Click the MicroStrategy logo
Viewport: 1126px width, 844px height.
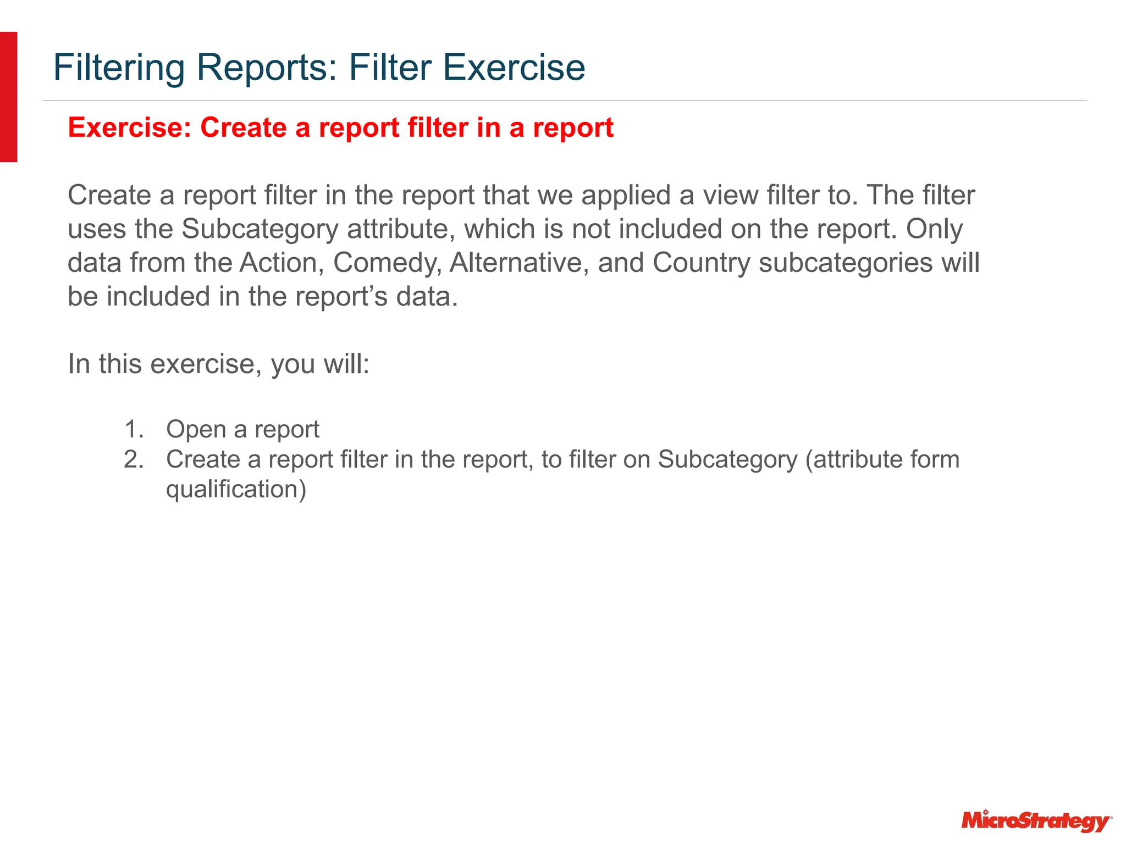1036,821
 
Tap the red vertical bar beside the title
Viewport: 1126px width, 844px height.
9,97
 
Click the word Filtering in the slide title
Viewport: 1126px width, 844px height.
119,68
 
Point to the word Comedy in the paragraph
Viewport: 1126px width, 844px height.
387,263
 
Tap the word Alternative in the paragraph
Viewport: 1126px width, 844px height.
519,263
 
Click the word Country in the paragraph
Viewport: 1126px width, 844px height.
701,263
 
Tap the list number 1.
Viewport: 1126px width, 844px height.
134,429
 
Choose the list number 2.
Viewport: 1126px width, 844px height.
134,459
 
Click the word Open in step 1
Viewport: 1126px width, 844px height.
195,429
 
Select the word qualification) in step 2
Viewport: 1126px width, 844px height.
236,489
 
